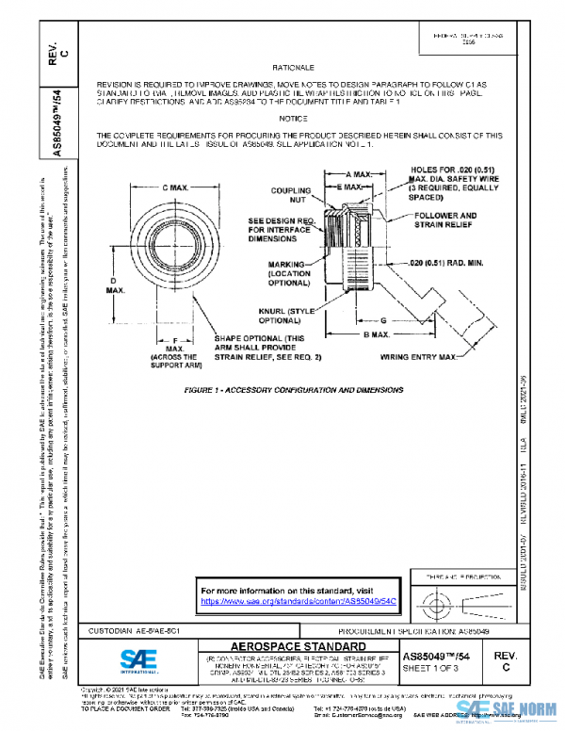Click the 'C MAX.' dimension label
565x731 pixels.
[170, 188]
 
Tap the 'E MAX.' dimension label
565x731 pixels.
[350, 187]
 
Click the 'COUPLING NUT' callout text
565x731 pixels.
[291, 195]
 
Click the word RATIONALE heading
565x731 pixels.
[293, 70]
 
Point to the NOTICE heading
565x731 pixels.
[293, 119]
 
